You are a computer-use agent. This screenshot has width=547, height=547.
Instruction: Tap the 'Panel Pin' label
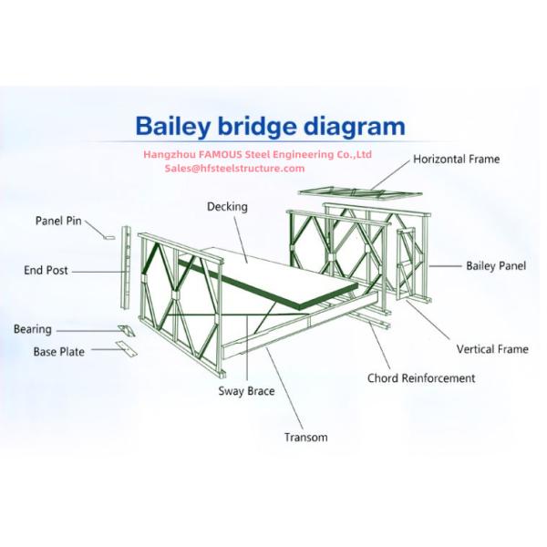58,221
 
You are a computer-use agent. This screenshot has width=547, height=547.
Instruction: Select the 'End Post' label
46,271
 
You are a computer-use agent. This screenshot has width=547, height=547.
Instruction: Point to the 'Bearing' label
33,330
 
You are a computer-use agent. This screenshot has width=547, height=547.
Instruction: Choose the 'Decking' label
227,207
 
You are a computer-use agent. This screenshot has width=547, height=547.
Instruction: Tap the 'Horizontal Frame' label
456,160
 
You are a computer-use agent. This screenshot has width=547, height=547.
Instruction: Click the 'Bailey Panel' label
496,266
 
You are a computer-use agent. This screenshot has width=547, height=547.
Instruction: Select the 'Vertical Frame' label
492,349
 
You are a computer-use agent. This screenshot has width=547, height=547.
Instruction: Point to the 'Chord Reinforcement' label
421,377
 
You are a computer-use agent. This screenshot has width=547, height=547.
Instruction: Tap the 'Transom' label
305,438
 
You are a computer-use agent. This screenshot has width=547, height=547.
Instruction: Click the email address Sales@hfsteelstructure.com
234,169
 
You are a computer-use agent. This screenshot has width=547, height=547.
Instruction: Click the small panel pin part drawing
108,236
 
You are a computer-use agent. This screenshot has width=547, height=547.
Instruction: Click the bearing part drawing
126,329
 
